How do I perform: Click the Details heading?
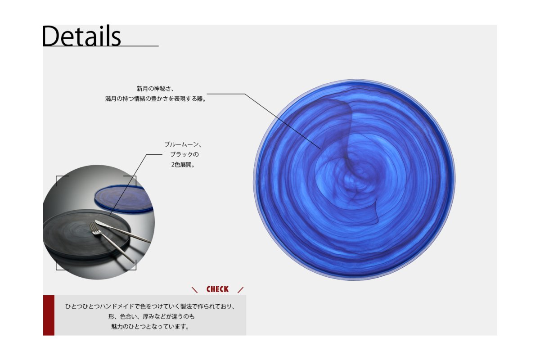81,36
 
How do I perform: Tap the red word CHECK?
217,289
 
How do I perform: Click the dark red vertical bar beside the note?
49,315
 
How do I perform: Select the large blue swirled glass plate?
354,180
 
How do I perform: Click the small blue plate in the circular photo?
124,198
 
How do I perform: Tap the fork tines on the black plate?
94,228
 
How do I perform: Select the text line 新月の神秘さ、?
155,89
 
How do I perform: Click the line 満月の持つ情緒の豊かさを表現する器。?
156,99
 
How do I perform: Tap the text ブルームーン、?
183,144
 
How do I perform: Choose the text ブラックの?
184,154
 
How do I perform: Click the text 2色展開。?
183,164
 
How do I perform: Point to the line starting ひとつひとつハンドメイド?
150,306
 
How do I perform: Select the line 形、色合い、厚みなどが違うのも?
151,316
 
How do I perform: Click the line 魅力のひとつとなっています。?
150,327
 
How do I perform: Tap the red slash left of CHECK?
194,290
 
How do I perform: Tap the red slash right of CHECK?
240,290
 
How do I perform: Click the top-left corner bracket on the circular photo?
58,179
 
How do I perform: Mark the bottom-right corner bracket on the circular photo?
133,267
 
